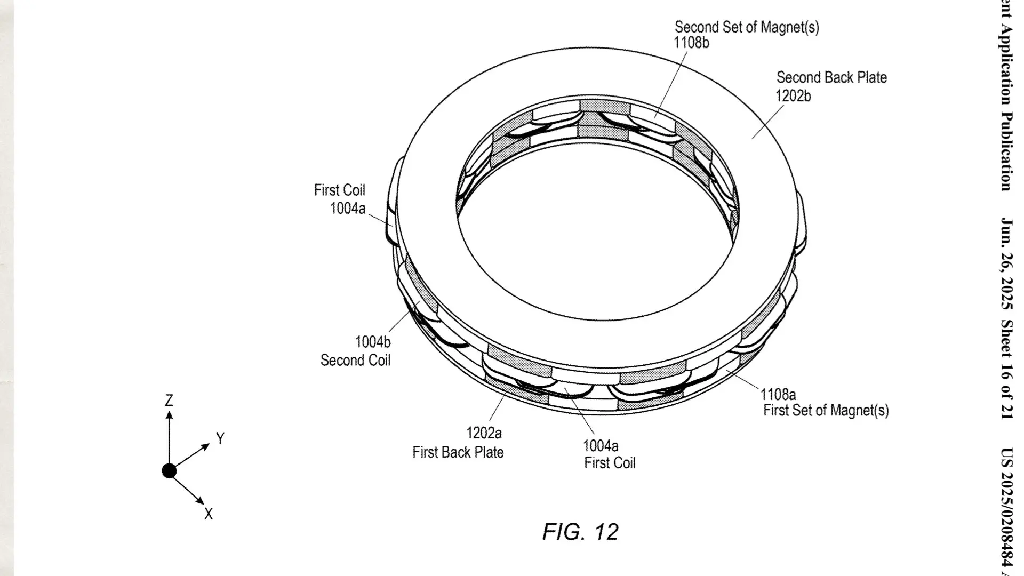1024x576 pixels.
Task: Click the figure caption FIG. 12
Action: (580, 532)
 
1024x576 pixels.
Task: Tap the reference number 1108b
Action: (691, 43)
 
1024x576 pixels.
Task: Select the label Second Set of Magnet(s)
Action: (747, 27)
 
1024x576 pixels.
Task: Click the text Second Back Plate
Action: (831, 77)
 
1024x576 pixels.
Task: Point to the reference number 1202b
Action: (793, 95)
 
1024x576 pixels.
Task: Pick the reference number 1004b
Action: (373, 342)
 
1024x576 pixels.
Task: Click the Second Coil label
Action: (355, 361)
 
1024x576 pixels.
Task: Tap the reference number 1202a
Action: (484, 433)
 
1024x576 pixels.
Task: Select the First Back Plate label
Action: (458, 452)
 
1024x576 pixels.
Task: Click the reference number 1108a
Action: (778, 395)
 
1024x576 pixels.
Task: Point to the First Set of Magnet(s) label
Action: (826, 410)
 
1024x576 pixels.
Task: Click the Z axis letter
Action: (169, 400)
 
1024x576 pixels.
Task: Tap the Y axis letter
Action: (220, 438)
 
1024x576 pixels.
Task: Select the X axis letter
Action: (208, 514)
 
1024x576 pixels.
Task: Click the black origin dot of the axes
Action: (169, 471)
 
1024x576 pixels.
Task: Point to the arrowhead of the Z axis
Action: (169, 414)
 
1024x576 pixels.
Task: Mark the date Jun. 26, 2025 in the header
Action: (1006, 263)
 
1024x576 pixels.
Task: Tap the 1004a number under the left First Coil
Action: (348, 209)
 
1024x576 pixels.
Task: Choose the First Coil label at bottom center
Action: (610, 462)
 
